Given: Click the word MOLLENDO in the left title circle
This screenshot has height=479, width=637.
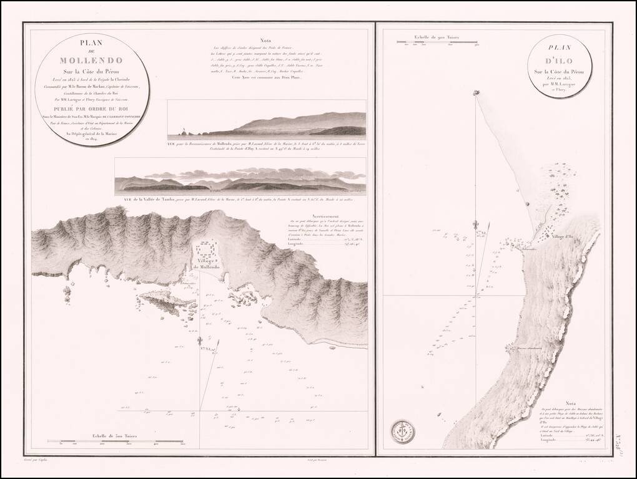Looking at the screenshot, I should click(83, 61).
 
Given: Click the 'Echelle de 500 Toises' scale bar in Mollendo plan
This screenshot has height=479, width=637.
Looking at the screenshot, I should click(121, 442).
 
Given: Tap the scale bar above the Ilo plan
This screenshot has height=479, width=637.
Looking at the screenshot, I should click(438, 42).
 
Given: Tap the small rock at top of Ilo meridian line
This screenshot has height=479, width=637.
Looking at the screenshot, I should click(477, 93).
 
